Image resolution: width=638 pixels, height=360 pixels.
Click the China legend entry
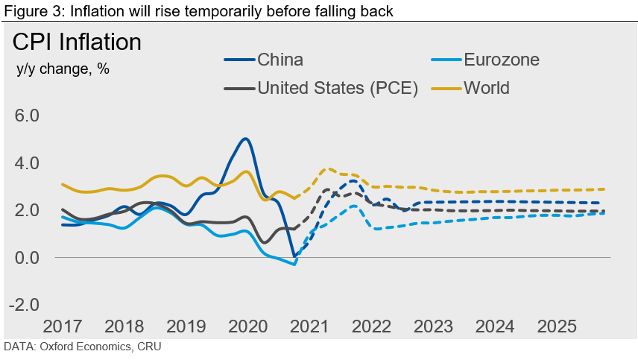point(280,60)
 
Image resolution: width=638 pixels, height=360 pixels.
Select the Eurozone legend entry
point(501,60)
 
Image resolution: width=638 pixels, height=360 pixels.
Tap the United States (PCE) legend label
point(337,88)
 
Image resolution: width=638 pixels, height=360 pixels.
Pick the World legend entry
point(487,88)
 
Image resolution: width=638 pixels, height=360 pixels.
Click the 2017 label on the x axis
point(63,326)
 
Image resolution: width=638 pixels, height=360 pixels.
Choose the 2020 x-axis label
point(247,326)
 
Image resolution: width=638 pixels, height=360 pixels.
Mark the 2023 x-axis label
point(433,326)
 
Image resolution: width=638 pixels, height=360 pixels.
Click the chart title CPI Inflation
point(77,42)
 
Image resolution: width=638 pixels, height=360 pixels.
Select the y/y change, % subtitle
point(63,69)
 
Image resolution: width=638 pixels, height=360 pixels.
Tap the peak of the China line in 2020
point(244,139)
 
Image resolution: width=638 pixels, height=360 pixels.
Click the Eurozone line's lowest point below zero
point(294,264)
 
